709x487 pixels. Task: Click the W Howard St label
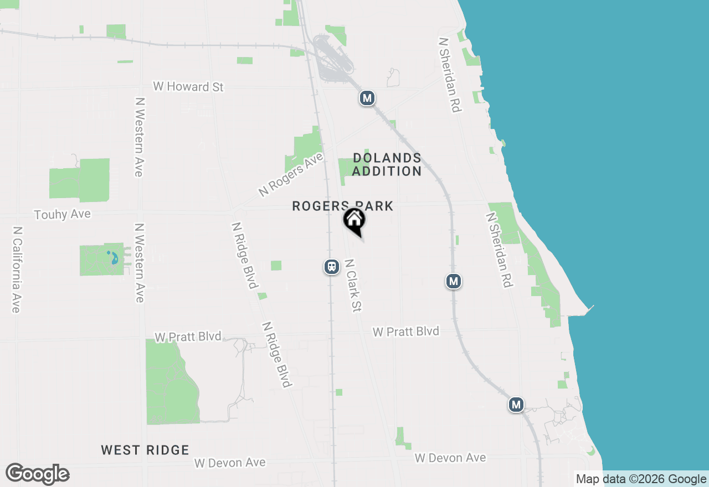coord(188,87)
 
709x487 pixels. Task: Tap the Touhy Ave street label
coord(62,214)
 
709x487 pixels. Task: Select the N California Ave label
coord(17,269)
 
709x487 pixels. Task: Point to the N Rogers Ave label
coord(290,174)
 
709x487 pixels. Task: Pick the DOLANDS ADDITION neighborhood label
coord(387,165)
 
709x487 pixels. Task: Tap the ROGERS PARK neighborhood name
coord(342,206)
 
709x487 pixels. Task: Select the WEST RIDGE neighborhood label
coord(145,450)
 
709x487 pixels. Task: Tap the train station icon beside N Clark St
coord(331,267)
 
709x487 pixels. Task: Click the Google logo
coord(37,474)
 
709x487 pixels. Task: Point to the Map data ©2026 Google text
coord(641,479)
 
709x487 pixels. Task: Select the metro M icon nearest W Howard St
coord(367,99)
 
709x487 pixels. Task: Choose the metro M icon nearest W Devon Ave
coord(516,405)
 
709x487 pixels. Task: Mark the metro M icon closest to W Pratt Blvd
coord(454,281)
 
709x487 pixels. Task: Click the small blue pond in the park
coord(113,258)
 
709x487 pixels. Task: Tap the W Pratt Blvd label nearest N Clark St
coord(406,331)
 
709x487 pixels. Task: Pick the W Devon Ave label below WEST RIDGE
coord(230,462)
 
